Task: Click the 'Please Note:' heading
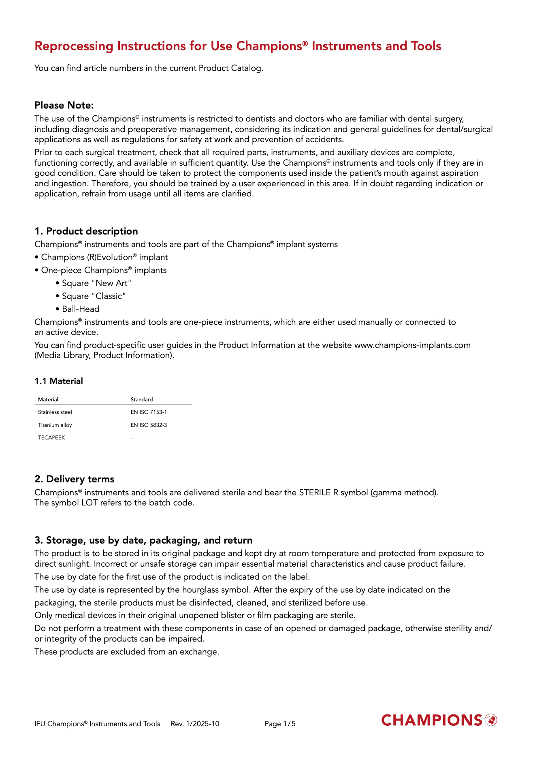click(x=64, y=105)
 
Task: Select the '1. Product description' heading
click(x=86, y=231)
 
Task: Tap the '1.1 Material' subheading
click(x=59, y=381)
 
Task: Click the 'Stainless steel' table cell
click(x=55, y=412)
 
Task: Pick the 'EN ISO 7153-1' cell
click(x=149, y=412)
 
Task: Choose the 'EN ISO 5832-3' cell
click(x=149, y=425)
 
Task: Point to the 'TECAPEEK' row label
click(x=51, y=438)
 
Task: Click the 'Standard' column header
click(x=142, y=400)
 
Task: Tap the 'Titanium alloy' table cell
click(x=55, y=425)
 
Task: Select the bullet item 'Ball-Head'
click(x=81, y=309)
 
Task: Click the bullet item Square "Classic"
click(x=94, y=296)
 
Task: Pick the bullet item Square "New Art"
click(x=97, y=283)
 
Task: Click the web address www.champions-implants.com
click(x=412, y=345)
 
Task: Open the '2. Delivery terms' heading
click(x=75, y=479)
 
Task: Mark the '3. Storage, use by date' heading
click(x=143, y=540)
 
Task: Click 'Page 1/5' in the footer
click(x=280, y=724)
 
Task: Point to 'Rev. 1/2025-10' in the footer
click(x=195, y=724)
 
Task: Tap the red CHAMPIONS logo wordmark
click(x=432, y=721)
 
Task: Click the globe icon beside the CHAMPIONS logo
click(x=491, y=720)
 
